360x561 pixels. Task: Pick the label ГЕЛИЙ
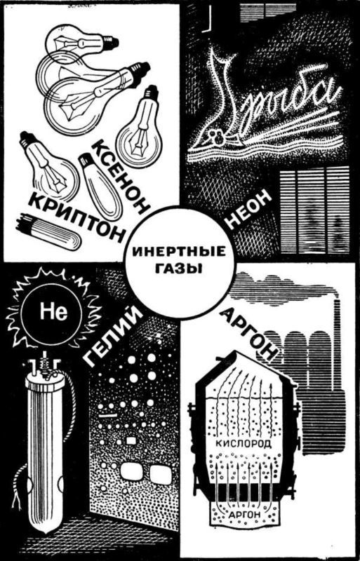(116, 336)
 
